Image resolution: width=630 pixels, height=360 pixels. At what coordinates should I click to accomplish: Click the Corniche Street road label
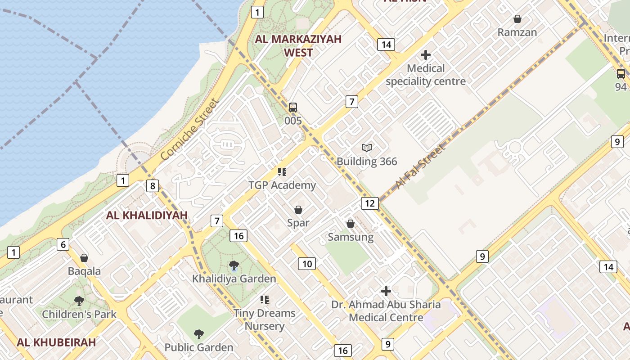point(191,130)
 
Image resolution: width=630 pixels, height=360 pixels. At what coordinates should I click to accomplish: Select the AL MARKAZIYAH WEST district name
point(298,45)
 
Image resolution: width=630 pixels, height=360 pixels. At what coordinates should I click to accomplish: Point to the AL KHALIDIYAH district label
point(147,215)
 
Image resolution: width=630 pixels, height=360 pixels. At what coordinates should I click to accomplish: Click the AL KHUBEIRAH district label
point(56,342)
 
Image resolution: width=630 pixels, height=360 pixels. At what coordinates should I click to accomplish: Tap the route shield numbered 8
point(153,185)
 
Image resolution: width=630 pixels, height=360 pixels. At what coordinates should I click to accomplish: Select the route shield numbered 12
point(369,203)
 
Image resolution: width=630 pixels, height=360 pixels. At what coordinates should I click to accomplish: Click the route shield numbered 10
point(306,264)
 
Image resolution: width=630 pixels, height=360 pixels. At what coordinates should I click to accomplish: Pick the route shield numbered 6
point(63,245)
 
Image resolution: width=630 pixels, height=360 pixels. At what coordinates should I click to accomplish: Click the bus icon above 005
point(293,108)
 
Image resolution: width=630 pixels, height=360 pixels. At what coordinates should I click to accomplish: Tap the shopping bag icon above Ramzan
point(517,19)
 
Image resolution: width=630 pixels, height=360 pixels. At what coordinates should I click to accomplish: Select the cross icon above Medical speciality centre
point(425,55)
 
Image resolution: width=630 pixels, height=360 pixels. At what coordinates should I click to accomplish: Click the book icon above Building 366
point(367,148)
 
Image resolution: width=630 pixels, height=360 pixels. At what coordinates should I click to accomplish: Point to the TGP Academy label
point(282,185)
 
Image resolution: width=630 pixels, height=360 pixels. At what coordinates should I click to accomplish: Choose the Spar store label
point(298,223)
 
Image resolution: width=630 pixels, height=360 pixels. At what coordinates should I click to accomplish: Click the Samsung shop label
point(351,237)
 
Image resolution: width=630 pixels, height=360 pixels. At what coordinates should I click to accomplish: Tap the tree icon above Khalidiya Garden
point(234,265)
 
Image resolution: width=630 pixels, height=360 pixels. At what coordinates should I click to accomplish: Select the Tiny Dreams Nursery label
point(265,319)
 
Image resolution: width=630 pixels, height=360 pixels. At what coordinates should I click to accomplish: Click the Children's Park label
point(79,314)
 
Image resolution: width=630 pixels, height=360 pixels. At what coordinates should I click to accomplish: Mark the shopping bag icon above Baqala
point(84,258)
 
